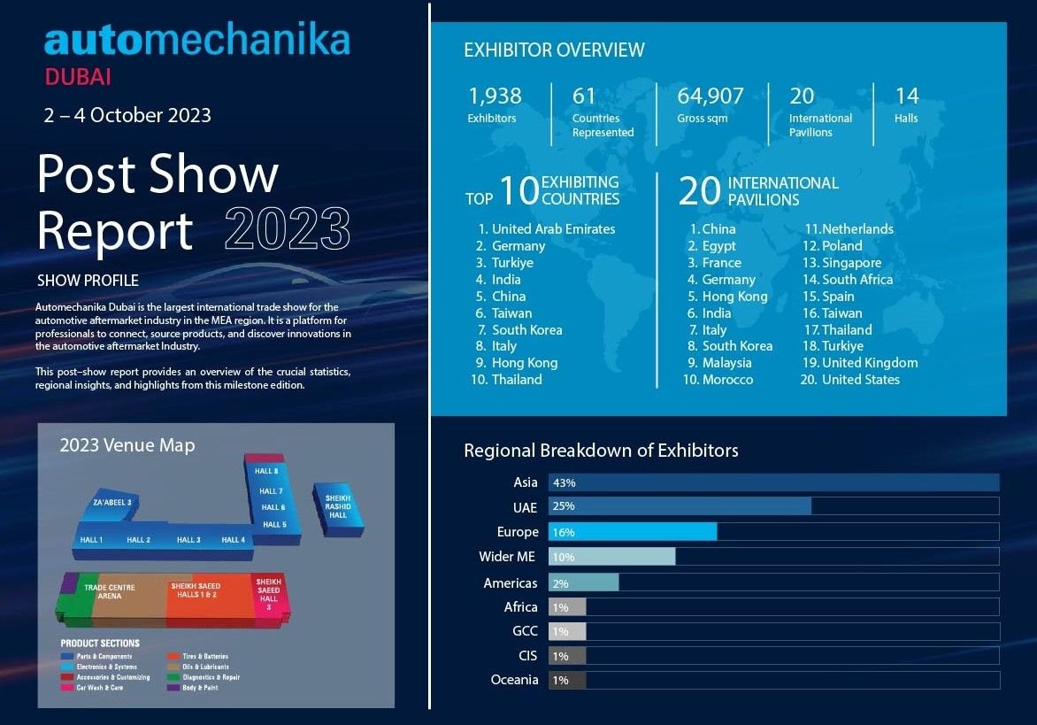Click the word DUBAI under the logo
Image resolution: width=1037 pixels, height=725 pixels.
coord(78,77)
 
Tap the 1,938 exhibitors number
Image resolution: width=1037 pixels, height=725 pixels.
coord(495,96)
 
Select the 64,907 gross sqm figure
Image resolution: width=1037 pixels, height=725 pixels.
coord(711,96)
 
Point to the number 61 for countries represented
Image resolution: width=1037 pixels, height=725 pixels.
coord(585,96)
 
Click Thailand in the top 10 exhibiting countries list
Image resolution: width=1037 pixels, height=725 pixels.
coord(517,379)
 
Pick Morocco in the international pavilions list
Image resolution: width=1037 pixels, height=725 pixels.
coord(727,379)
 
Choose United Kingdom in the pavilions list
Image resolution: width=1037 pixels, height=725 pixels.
coord(870,362)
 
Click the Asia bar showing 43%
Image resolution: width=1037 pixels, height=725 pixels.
coord(773,482)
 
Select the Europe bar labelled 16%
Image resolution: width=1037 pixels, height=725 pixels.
coord(633,532)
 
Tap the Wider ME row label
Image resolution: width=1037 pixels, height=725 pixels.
coord(508,557)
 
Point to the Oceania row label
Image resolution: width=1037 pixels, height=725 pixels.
coord(514,680)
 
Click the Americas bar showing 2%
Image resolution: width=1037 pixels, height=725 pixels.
coord(584,583)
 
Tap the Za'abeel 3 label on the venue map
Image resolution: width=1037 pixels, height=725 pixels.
coord(111,503)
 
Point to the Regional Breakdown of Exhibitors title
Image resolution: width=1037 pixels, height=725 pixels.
coord(601,451)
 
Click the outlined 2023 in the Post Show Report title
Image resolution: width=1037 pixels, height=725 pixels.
coord(288,229)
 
